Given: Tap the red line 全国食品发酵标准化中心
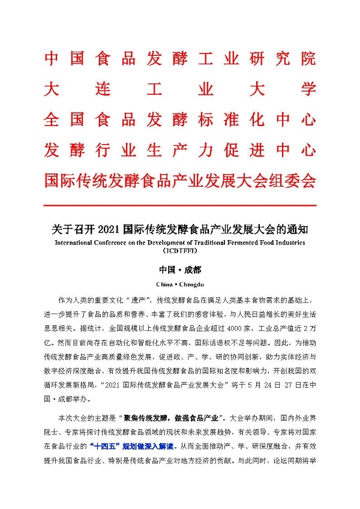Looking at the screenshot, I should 180,119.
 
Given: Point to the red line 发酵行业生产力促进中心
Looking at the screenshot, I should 180,149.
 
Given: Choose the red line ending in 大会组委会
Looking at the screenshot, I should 180,179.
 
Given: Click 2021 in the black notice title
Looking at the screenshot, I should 109,229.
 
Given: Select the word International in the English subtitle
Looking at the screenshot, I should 76,243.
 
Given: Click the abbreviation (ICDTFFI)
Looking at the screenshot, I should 180,252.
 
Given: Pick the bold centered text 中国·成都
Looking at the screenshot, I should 180,270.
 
